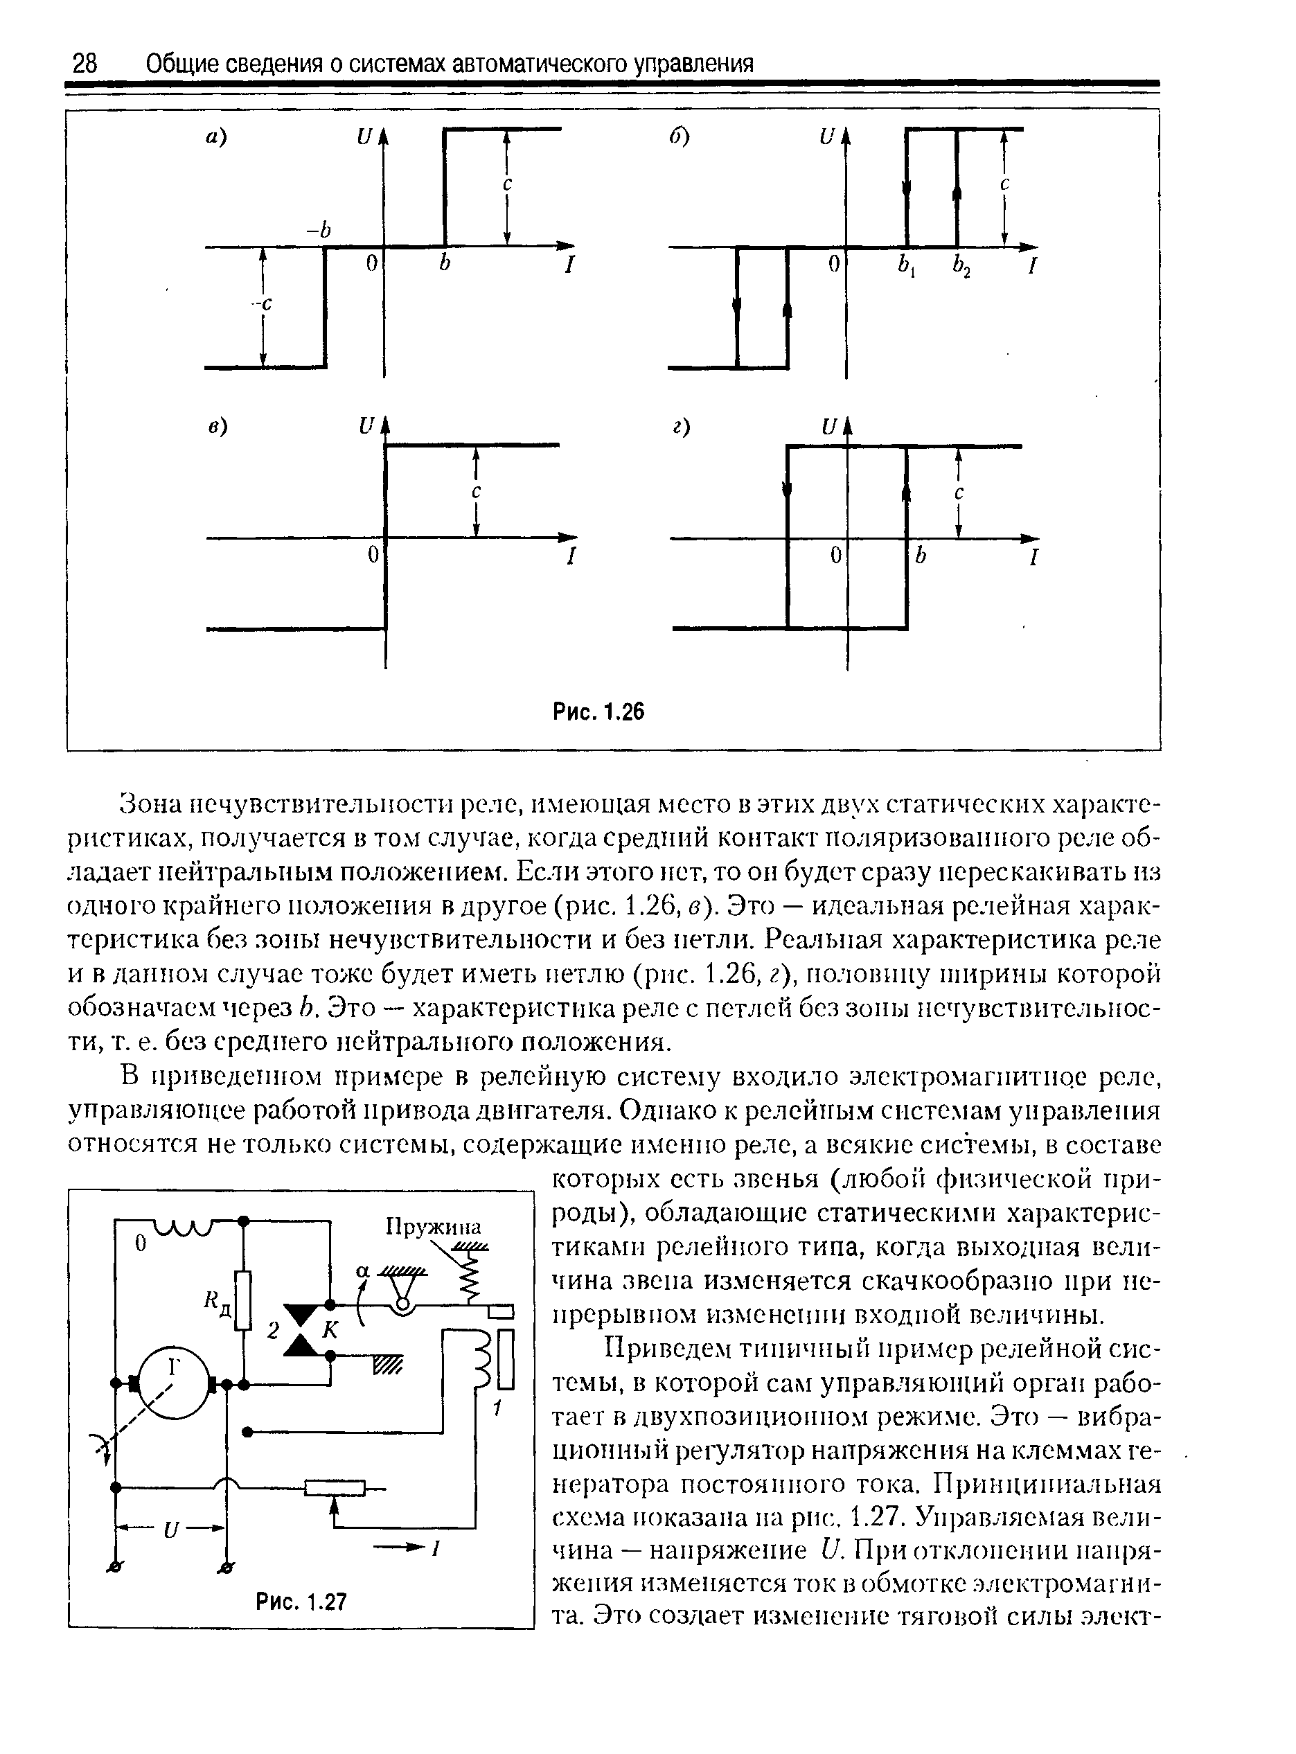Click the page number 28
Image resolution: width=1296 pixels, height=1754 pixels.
click(85, 64)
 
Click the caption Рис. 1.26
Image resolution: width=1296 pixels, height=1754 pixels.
click(598, 711)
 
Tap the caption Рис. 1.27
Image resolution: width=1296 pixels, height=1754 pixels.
click(301, 1601)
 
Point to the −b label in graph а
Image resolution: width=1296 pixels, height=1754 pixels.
click(319, 230)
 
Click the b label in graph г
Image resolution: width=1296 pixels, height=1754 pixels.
click(921, 556)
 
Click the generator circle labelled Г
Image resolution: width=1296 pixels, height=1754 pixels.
click(173, 1381)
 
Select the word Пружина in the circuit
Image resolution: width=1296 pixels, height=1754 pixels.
click(433, 1226)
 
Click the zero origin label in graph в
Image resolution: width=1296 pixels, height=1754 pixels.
click(374, 556)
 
